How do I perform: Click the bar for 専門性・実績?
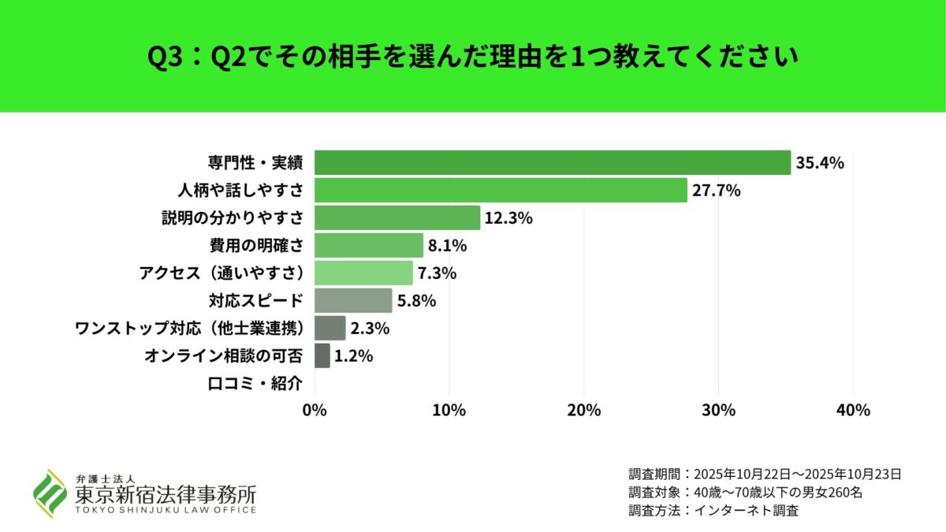pos(552,162)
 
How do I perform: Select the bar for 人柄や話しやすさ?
pos(501,190)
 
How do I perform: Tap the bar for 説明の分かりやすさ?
pos(397,218)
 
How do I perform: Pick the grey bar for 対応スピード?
pos(353,300)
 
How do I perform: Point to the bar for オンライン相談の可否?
pos(322,355)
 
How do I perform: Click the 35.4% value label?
pos(820,163)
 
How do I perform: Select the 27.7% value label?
pos(716,191)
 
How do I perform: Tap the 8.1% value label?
pos(448,246)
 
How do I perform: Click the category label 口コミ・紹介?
pos(255,384)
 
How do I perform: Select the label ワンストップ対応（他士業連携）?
pos(189,328)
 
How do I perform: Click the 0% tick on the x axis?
pos(315,411)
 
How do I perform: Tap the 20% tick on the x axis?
pos(583,411)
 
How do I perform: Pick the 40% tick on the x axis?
pos(852,411)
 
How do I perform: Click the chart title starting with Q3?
pos(473,57)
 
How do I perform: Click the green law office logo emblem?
pos(49,493)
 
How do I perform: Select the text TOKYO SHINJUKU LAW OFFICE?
pos(166,510)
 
